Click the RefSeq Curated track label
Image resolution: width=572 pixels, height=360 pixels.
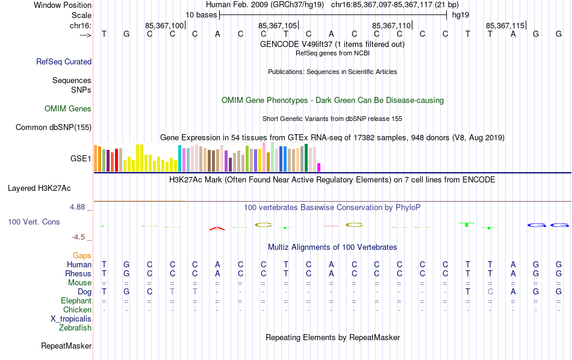64,61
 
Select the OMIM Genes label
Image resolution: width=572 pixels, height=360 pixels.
68,109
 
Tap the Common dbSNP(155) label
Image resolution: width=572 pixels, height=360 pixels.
54,127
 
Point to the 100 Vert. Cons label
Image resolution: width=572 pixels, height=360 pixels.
34,222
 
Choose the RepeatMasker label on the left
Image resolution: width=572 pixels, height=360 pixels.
66,346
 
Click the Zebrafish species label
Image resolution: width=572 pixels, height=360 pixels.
75,328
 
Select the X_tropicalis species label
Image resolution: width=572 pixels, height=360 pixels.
71,318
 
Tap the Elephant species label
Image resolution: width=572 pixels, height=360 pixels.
76,300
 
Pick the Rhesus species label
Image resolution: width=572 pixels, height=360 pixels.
78,273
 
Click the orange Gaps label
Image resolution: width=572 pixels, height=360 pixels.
82,256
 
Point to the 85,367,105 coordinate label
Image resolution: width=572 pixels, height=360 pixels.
278,25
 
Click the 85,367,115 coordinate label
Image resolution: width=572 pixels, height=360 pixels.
505,25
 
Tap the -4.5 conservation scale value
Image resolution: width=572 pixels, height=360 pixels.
79,237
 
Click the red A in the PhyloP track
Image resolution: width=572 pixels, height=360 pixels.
217,228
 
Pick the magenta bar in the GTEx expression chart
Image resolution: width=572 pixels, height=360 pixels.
319,167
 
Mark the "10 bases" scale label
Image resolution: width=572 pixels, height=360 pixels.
201,14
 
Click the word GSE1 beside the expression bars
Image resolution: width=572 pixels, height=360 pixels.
81,159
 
